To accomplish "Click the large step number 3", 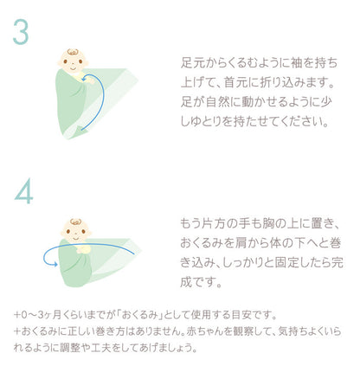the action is click(x=21, y=32).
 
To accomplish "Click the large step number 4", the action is click(x=23, y=191).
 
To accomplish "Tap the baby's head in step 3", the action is click(x=73, y=61).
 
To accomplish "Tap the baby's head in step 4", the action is click(x=76, y=231).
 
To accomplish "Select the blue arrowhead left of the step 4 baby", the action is click(x=55, y=264).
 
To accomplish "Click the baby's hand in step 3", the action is click(x=89, y=80).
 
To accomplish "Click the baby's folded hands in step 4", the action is click(x=84, y=249).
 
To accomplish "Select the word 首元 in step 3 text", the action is click(x=235, y=82).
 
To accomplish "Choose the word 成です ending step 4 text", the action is click(x=201, y=282).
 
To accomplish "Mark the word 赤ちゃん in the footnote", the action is click(x=205, y=331).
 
